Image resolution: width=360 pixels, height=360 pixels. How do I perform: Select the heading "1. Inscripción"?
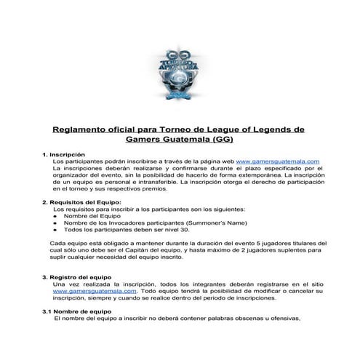coord(64,154)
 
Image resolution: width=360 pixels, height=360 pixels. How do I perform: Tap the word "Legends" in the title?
coord(257,128)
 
